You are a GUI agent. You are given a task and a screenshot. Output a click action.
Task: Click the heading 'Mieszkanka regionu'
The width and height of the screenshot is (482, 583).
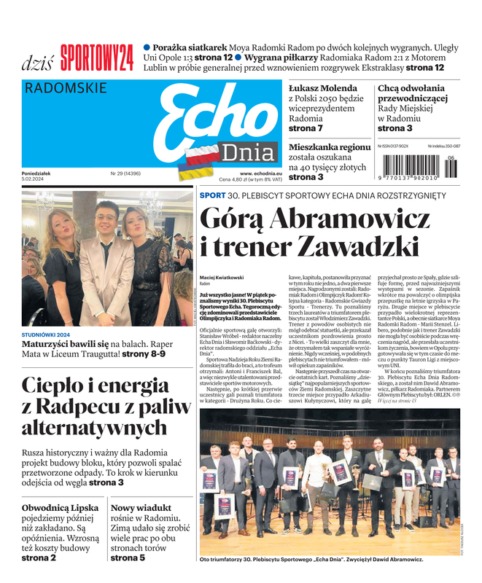point(330,147)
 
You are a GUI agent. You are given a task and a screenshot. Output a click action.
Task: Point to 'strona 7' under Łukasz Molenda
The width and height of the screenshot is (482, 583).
point(306,128)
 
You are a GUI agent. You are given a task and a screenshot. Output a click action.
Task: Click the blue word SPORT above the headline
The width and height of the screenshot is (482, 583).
point(212,195)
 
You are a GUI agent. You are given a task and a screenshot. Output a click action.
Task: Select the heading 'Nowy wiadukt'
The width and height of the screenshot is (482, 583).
point(141,507)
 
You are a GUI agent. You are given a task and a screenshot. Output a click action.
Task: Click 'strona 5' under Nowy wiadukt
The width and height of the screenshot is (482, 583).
point(128,558)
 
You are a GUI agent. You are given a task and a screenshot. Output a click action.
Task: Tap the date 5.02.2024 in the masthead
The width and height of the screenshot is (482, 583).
point(35,179)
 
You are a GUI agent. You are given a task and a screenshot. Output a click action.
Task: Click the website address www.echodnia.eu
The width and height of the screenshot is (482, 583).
point(240,173)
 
